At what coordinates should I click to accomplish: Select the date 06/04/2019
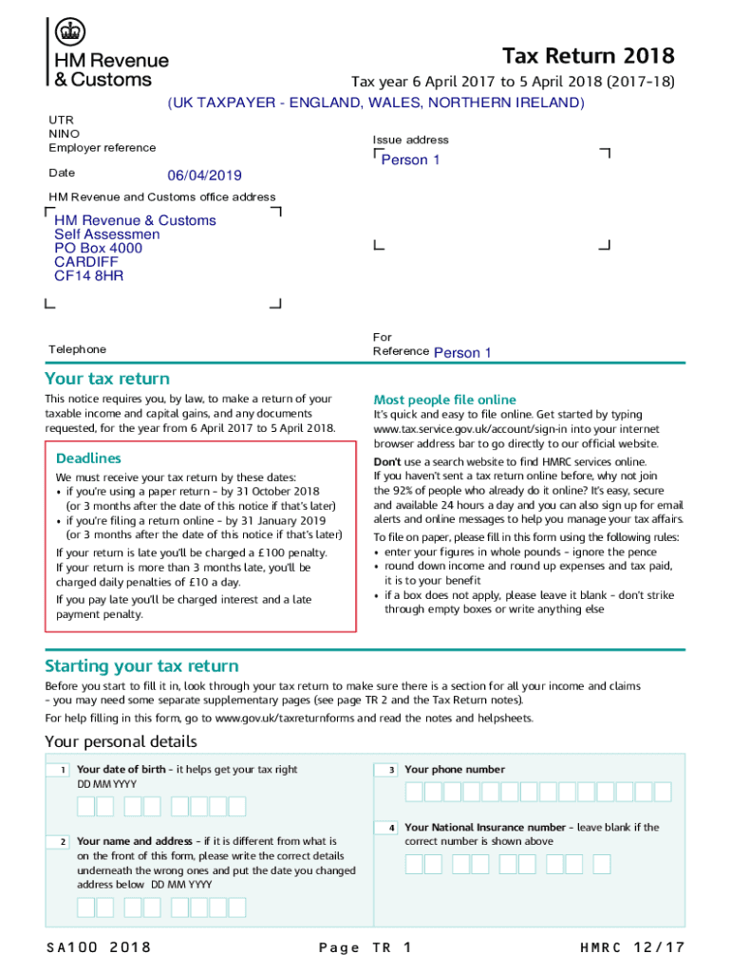coord(204,176)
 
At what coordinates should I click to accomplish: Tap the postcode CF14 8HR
coord(88,276)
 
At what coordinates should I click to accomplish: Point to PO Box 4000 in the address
coord(98,249)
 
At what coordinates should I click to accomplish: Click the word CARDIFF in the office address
coord(86,262)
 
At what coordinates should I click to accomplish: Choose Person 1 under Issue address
coord(410,160)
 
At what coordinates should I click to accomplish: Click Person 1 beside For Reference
coord(462,353)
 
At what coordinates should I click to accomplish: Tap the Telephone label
coord(78,349)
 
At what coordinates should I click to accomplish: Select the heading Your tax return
coord(107,380)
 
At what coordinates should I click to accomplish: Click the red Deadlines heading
coord(88,458)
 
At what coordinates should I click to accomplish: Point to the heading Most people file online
coord(444,400)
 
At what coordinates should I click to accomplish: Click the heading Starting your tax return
coord(141,666)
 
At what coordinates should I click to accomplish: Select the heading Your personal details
coord(121,741)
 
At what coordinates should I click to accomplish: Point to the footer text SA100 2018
coord(98,947)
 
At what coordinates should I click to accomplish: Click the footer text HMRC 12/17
coord(631,947)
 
